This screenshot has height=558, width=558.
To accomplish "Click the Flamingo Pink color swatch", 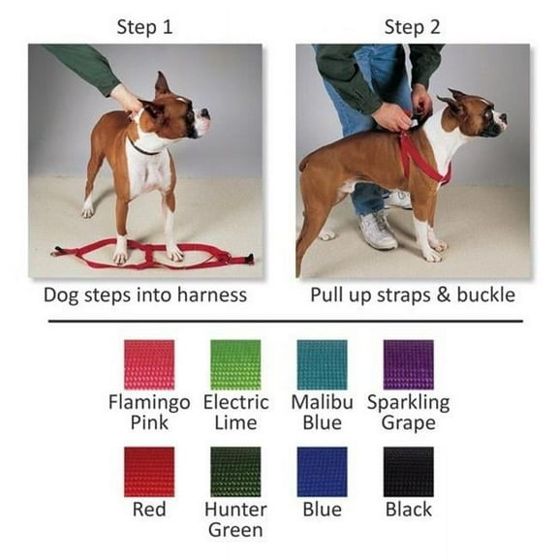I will click(149, 364).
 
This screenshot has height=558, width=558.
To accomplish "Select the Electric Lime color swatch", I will click(235, 364).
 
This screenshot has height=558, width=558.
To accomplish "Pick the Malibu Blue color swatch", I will click(322, 364).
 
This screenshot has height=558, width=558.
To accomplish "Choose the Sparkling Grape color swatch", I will click(408, 364).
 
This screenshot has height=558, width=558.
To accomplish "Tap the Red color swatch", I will click(149, 471).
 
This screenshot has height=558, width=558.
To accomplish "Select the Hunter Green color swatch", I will click(235, 471).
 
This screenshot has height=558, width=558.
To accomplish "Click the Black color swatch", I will click(408, 471).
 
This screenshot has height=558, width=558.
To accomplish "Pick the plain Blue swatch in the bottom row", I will click(322, 471).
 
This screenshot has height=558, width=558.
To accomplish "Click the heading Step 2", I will click(413, 27).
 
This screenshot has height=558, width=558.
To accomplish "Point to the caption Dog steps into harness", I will click(144, 294).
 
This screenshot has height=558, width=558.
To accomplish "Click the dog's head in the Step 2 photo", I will click(476, 115).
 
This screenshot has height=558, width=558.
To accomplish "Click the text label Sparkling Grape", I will click(408, 412).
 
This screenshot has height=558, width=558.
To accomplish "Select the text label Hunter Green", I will click(235, 519).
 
